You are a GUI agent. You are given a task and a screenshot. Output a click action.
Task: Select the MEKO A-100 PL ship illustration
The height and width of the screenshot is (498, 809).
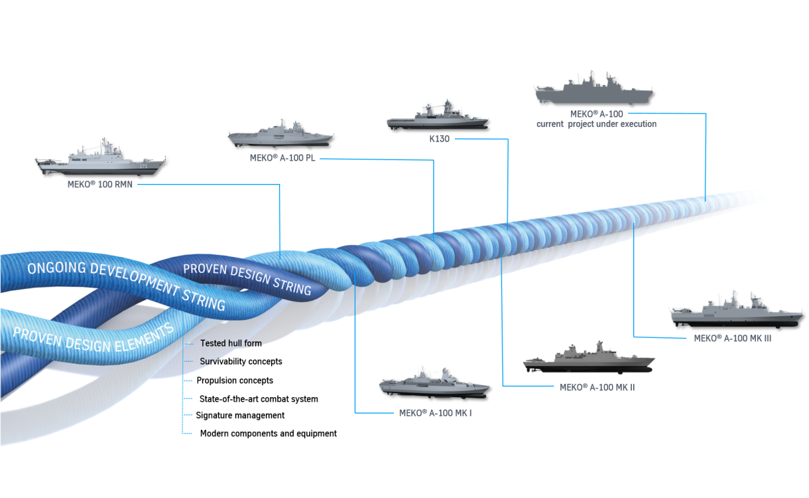280,135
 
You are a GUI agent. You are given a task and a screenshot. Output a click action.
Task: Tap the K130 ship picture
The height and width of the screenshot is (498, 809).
438,117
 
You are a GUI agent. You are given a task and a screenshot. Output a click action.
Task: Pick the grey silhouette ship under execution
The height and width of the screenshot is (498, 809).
593,90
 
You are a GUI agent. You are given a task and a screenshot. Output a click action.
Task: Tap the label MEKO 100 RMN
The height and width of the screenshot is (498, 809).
100,185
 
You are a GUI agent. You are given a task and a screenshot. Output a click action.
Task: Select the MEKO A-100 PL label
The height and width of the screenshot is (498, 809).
282,158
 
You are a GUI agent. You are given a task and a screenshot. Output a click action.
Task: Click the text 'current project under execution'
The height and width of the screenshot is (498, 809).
597,124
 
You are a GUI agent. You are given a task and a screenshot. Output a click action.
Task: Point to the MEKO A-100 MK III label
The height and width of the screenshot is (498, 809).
732,338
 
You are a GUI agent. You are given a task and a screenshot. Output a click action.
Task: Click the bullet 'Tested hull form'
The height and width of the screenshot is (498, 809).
231,343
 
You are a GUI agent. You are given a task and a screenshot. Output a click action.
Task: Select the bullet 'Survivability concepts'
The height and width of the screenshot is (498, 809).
241,362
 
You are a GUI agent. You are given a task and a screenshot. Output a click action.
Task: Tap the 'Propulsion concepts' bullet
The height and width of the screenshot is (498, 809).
235,380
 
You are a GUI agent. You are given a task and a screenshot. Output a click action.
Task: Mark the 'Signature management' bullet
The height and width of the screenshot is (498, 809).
240,416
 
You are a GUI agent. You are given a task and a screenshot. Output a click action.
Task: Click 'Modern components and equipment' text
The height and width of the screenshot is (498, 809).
268,434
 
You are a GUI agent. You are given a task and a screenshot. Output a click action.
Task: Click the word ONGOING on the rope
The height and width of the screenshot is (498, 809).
56,269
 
